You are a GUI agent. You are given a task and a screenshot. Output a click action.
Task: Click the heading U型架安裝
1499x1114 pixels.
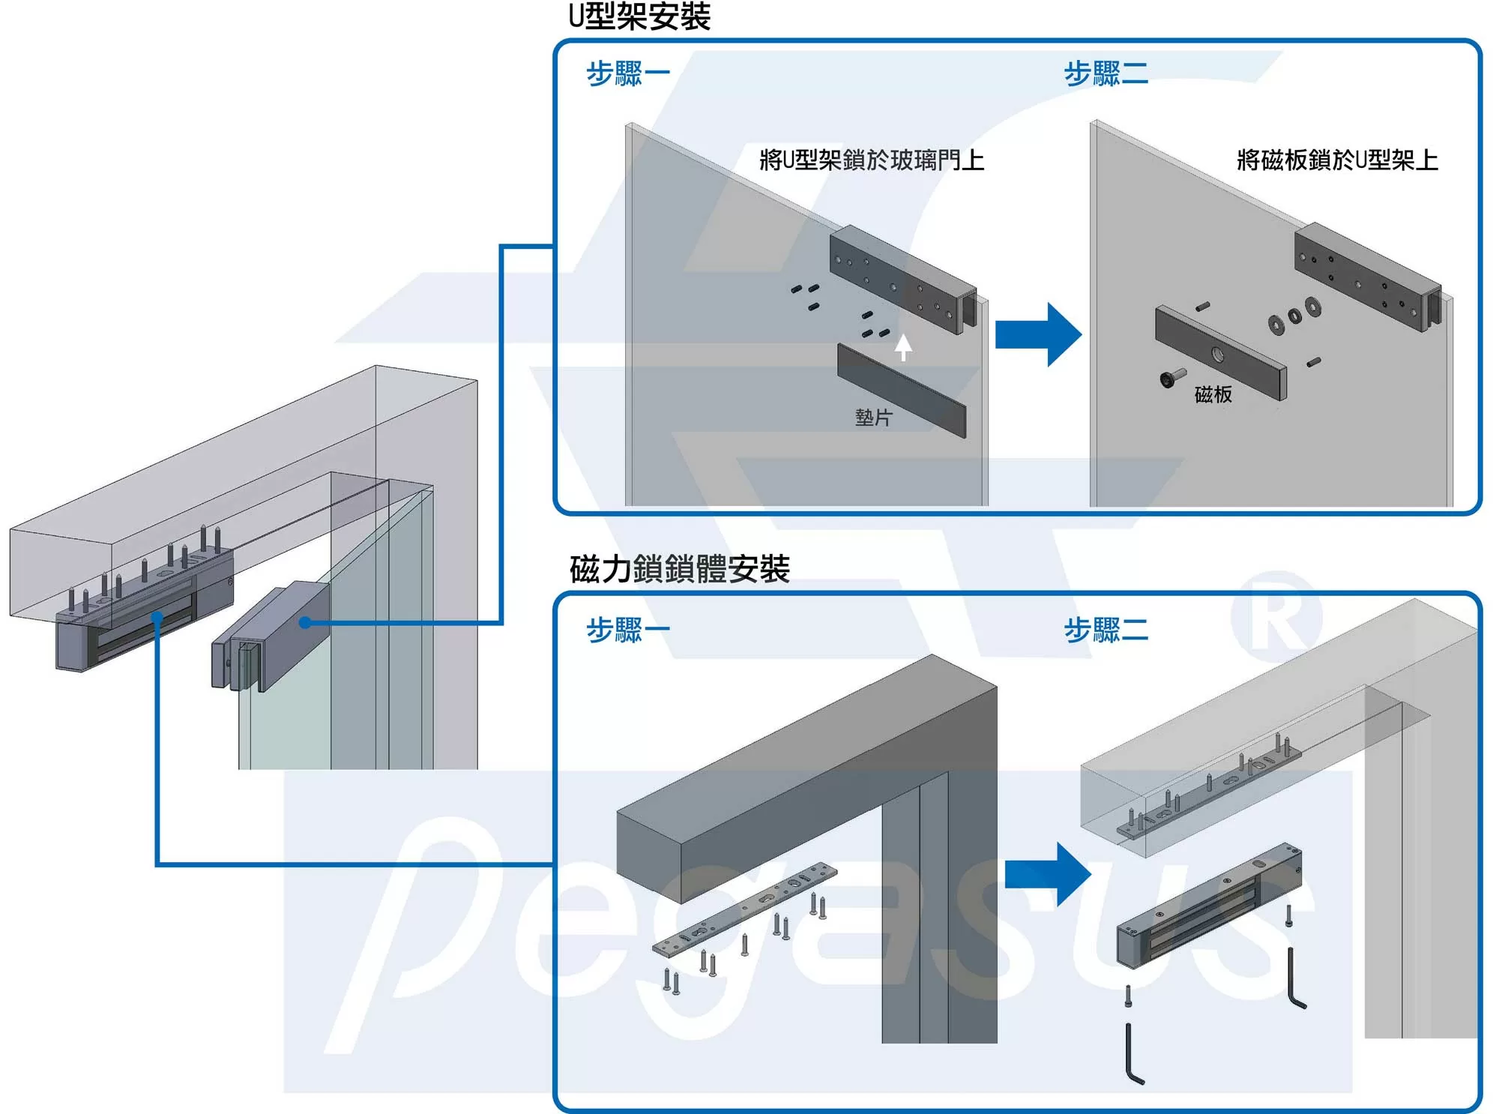click(639, 16)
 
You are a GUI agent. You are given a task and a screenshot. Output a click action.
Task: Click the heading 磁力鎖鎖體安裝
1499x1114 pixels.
click(679, 569)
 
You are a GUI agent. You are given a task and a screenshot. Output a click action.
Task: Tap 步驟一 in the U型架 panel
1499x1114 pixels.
click(627, 73)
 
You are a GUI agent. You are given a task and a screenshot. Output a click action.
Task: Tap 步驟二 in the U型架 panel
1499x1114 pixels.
click(1106, 73)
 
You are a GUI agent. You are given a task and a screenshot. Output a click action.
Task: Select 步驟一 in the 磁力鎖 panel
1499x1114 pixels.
click(627, 630)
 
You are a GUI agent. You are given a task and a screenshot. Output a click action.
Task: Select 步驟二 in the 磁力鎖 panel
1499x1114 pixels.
click(1106, 630)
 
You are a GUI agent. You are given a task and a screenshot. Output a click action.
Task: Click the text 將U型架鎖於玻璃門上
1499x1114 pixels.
click(871, 160)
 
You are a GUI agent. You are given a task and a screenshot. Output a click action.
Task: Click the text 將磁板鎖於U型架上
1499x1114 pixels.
click(1336, 160)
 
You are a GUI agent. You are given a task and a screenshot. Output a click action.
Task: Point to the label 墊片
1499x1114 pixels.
click(873, 418)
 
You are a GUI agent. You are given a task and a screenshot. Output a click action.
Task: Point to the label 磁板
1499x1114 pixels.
click(1213, 394)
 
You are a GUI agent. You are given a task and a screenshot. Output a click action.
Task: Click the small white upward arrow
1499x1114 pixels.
click(903, 346)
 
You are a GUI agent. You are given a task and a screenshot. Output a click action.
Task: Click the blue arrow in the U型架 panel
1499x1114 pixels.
click(1038, 334)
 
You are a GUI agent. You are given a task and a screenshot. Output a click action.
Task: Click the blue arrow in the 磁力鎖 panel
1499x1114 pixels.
click(1047, 874)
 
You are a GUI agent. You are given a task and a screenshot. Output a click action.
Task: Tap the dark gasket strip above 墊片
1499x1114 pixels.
click(902, 390)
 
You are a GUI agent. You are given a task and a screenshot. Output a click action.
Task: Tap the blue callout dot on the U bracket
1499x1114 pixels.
click(305, 622)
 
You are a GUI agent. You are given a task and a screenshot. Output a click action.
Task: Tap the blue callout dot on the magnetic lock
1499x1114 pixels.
click(157, 617)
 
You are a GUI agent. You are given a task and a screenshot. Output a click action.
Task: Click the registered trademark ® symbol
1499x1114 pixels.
click(1276, 616)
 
